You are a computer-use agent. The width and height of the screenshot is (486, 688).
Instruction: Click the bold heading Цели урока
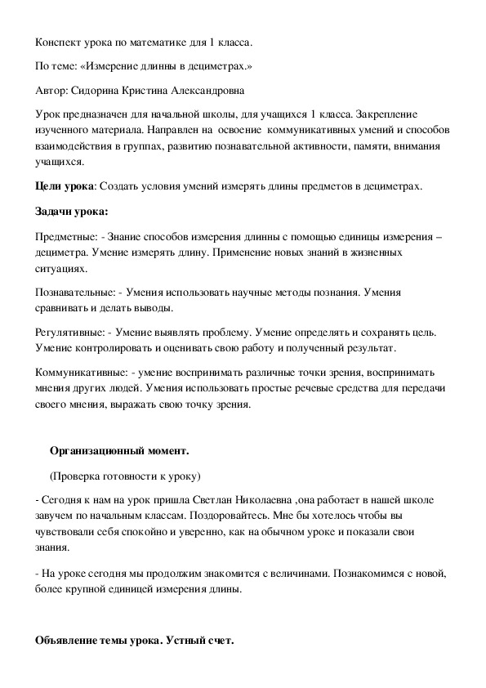(65, 186)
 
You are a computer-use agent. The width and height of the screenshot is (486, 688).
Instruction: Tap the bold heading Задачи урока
(72, 212)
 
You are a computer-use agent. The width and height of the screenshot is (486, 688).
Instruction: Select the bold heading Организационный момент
(119, 450)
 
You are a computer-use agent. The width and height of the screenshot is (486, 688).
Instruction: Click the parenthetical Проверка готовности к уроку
(124, 475)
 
